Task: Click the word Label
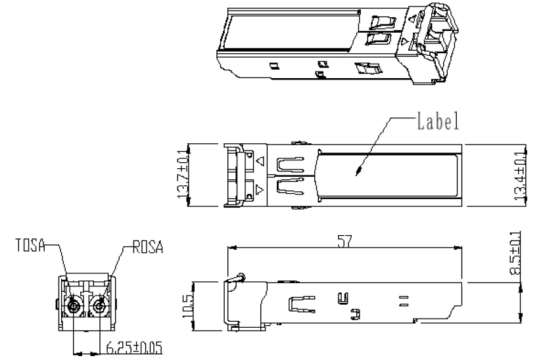[438, 121]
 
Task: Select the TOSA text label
[30, 245]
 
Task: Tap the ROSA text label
[148, 247]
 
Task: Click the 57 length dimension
[344, 241]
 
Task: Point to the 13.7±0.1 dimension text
[183, 174]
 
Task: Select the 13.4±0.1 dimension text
[520, 176]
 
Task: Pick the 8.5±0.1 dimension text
[515, 253]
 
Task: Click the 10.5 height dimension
[188, 306]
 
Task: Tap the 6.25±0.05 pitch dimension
[134, 348]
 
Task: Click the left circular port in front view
[74, 306]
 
